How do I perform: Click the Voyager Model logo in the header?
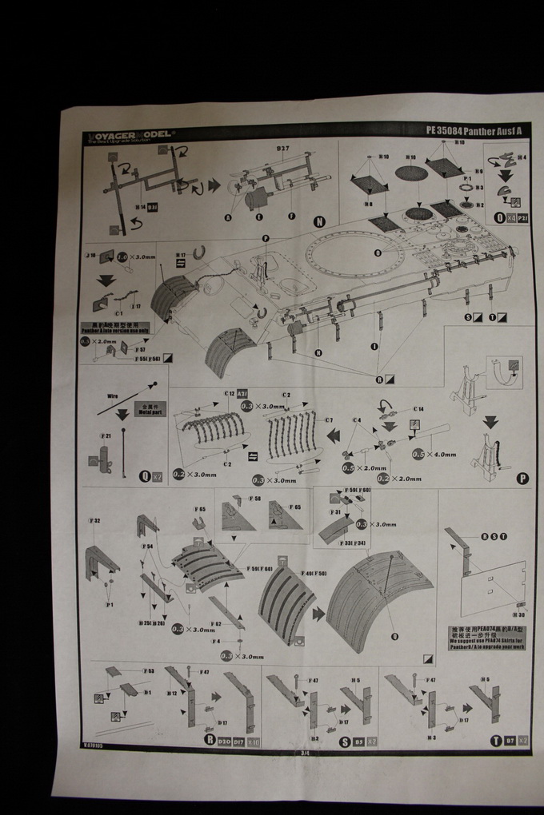tap(130, 135)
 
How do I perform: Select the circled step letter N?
tap(320, 222)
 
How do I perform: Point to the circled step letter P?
tap(522, 479)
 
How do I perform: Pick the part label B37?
tap(283, 149)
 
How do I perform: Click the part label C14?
tap(418, 409)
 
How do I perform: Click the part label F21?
tap(106, 435)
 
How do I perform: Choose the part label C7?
tap(328, 420)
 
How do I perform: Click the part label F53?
tap(149, 671)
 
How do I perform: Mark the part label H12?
tap(171, 693)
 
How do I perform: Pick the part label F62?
tap(216, 623)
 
